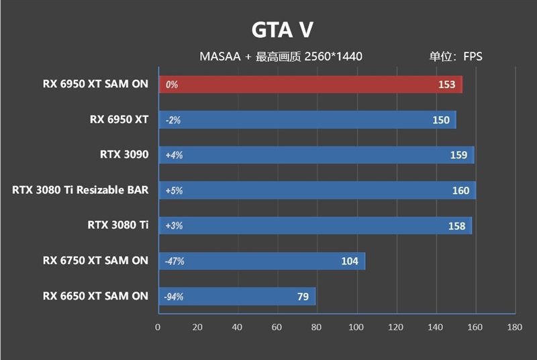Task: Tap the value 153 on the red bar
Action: tap(446, 85)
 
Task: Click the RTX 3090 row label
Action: tap(124, 154)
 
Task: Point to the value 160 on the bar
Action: tap(460, 191)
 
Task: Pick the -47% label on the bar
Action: tap(175, 261)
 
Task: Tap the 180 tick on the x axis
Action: tap(515, 327)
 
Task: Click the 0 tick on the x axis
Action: tap(158, 327)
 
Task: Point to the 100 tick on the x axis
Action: tap(356, 327)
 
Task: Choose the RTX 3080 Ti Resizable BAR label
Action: tap(80, 190)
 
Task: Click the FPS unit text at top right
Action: tap(472, 56)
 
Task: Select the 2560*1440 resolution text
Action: tap(333, 56)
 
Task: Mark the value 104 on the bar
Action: tap(350, 261)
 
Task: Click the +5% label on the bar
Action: tap(174, 191)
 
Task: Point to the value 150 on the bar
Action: tap(441, 120)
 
